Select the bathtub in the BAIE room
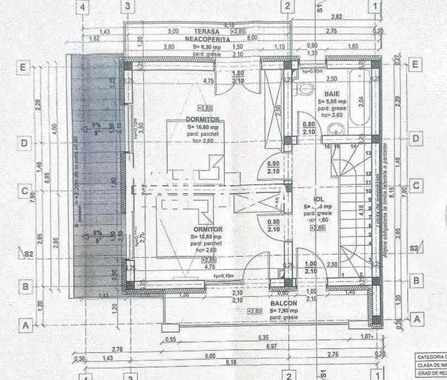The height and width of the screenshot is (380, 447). coord(359,102)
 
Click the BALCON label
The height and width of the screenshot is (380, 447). coord(284,304)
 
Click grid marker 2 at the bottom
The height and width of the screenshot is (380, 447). coord(288,375)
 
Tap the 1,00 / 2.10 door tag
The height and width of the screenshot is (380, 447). coord(310,267)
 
